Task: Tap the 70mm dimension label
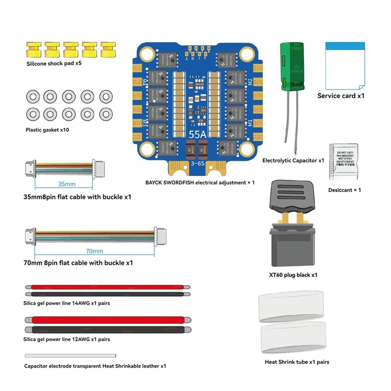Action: (94, 251)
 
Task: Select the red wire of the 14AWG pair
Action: (108, 288)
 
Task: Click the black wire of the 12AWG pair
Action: (108, 330)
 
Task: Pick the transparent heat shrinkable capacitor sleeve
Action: (70, 356)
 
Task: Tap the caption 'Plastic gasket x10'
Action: (47, 130)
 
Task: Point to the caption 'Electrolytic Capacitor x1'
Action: (293, 160)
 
